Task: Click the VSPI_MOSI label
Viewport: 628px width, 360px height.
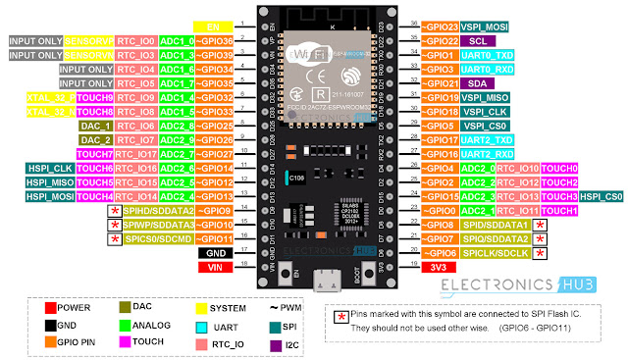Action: (485, 26)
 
